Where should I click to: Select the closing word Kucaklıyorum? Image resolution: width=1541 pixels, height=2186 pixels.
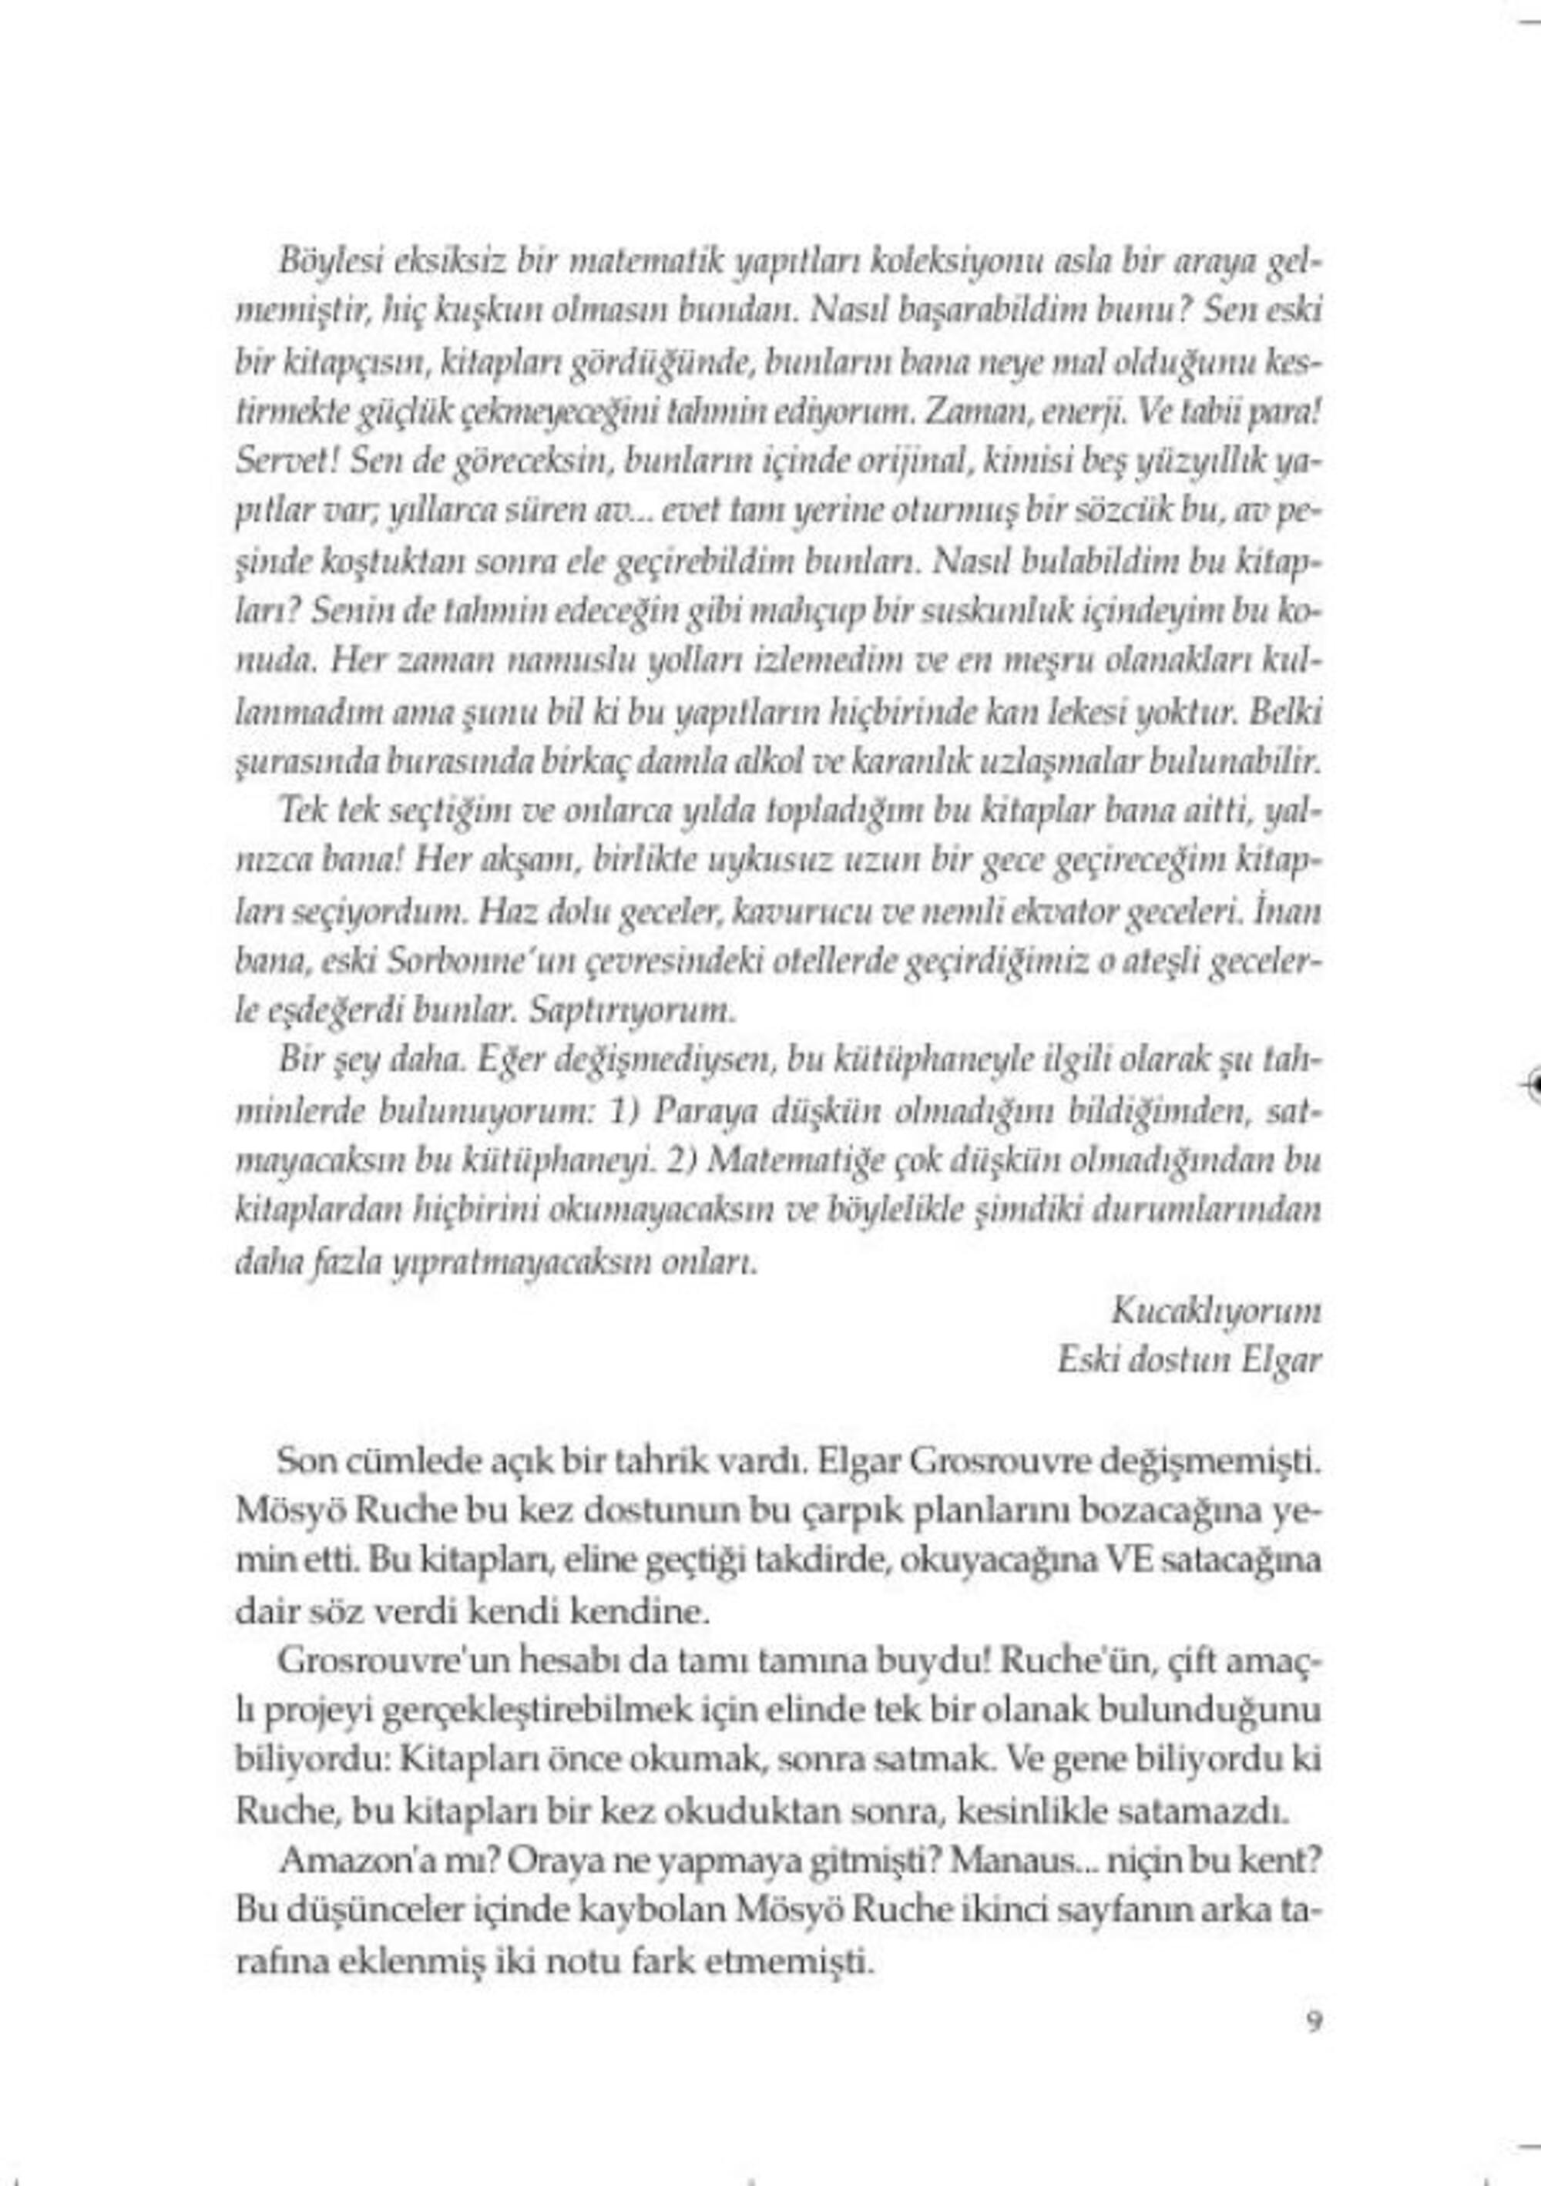point(1217,1312)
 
